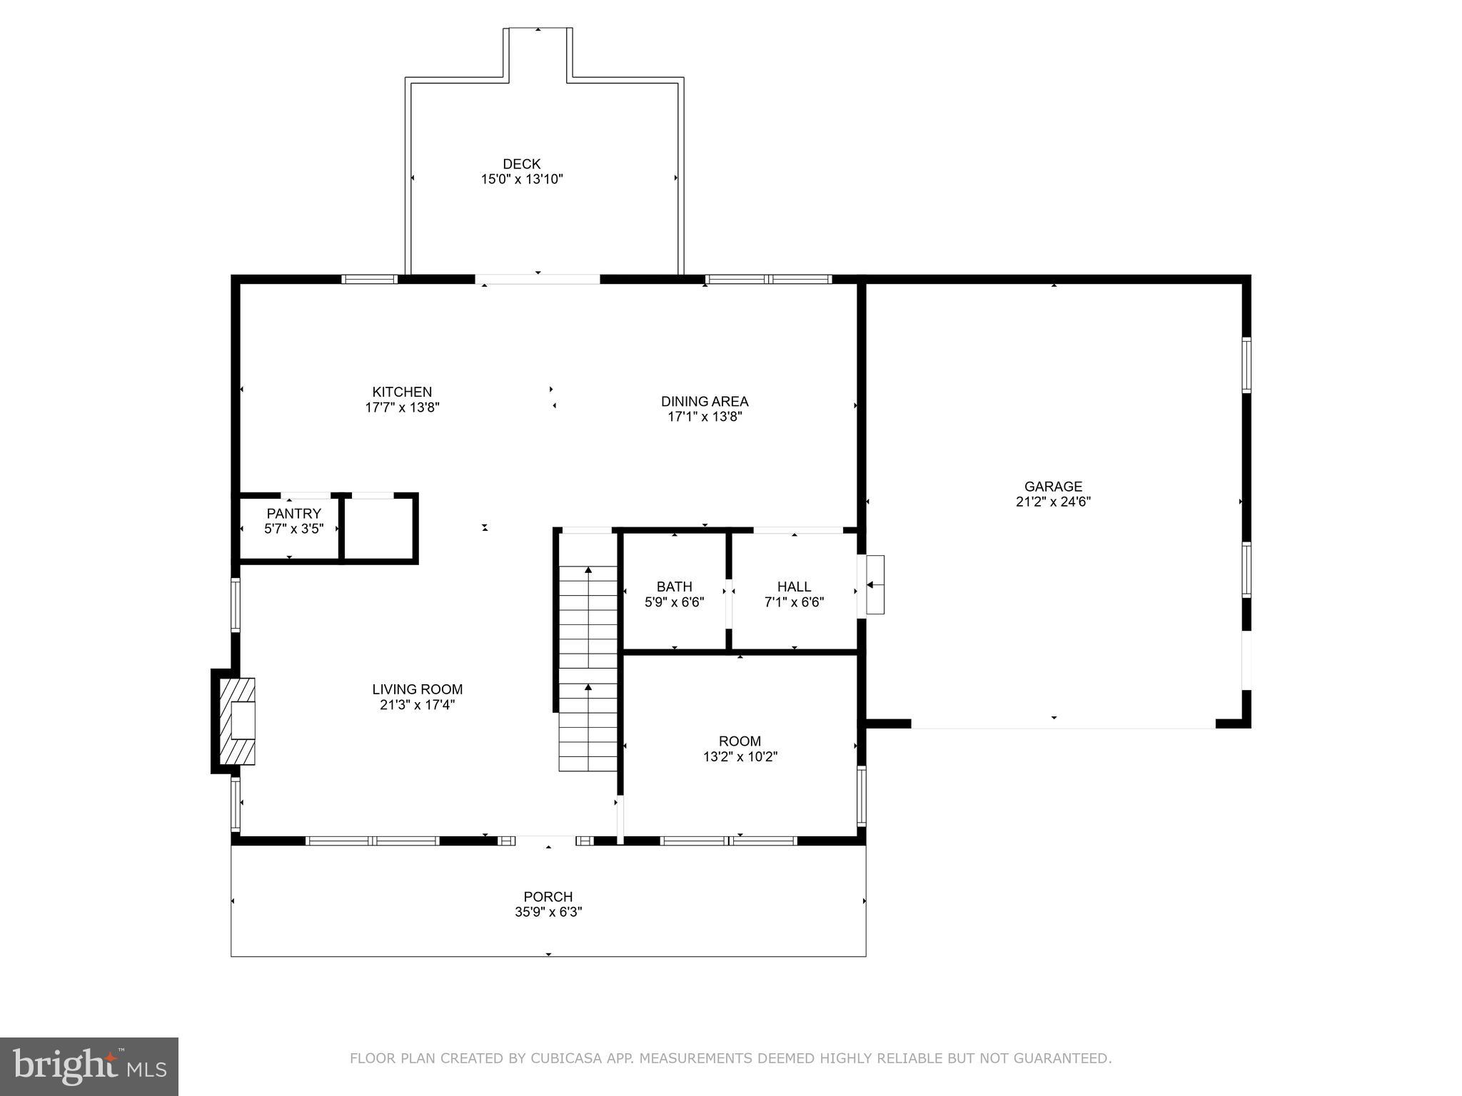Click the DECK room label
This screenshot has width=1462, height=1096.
tap(521, 164)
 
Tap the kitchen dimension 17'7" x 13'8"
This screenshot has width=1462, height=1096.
tap(402, 408)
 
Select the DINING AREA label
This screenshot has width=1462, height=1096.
tap(704, 401)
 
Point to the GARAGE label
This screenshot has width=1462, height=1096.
tap(1053, 487)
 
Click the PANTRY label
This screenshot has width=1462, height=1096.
tap(293, 514)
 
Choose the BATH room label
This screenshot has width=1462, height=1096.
tap(674, 587)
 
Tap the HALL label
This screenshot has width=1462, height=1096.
tap(794, 587)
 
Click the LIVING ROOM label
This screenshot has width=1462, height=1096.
tap(417, 689)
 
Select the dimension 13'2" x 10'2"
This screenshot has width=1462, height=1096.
tap(740, 757)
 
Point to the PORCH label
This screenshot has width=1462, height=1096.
tap(548, 897)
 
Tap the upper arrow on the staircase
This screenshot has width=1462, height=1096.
tap(588, 571)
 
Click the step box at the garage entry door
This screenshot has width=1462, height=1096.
tap(874, 584)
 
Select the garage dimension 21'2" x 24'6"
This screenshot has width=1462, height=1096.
tap(1053, 502)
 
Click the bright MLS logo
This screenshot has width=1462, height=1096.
tap(89, 1066)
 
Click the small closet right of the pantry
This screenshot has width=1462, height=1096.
tap(378, 528)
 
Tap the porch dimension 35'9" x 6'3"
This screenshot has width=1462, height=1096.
tap(548, 913)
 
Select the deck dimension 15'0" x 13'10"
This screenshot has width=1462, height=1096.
tap(521, 180)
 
